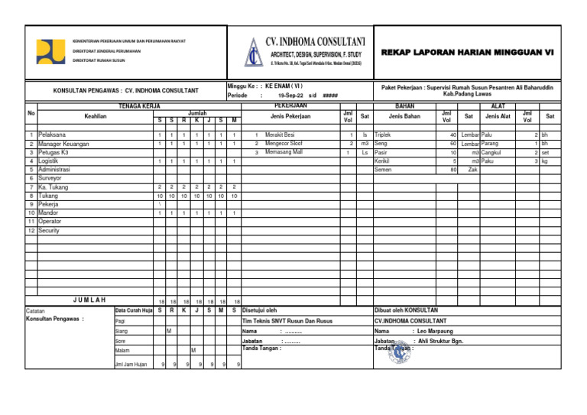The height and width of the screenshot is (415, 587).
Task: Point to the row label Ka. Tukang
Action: [55, 186]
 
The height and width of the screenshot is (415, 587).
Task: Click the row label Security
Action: [49, 230]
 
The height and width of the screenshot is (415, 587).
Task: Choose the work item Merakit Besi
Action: [281, 135]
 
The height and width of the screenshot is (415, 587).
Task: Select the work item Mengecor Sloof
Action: [284, 143]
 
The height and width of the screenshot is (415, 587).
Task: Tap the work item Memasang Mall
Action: [284, 152]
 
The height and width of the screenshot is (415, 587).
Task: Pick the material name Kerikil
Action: [383, 160]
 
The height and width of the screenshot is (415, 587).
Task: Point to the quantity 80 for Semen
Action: [452, 170]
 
